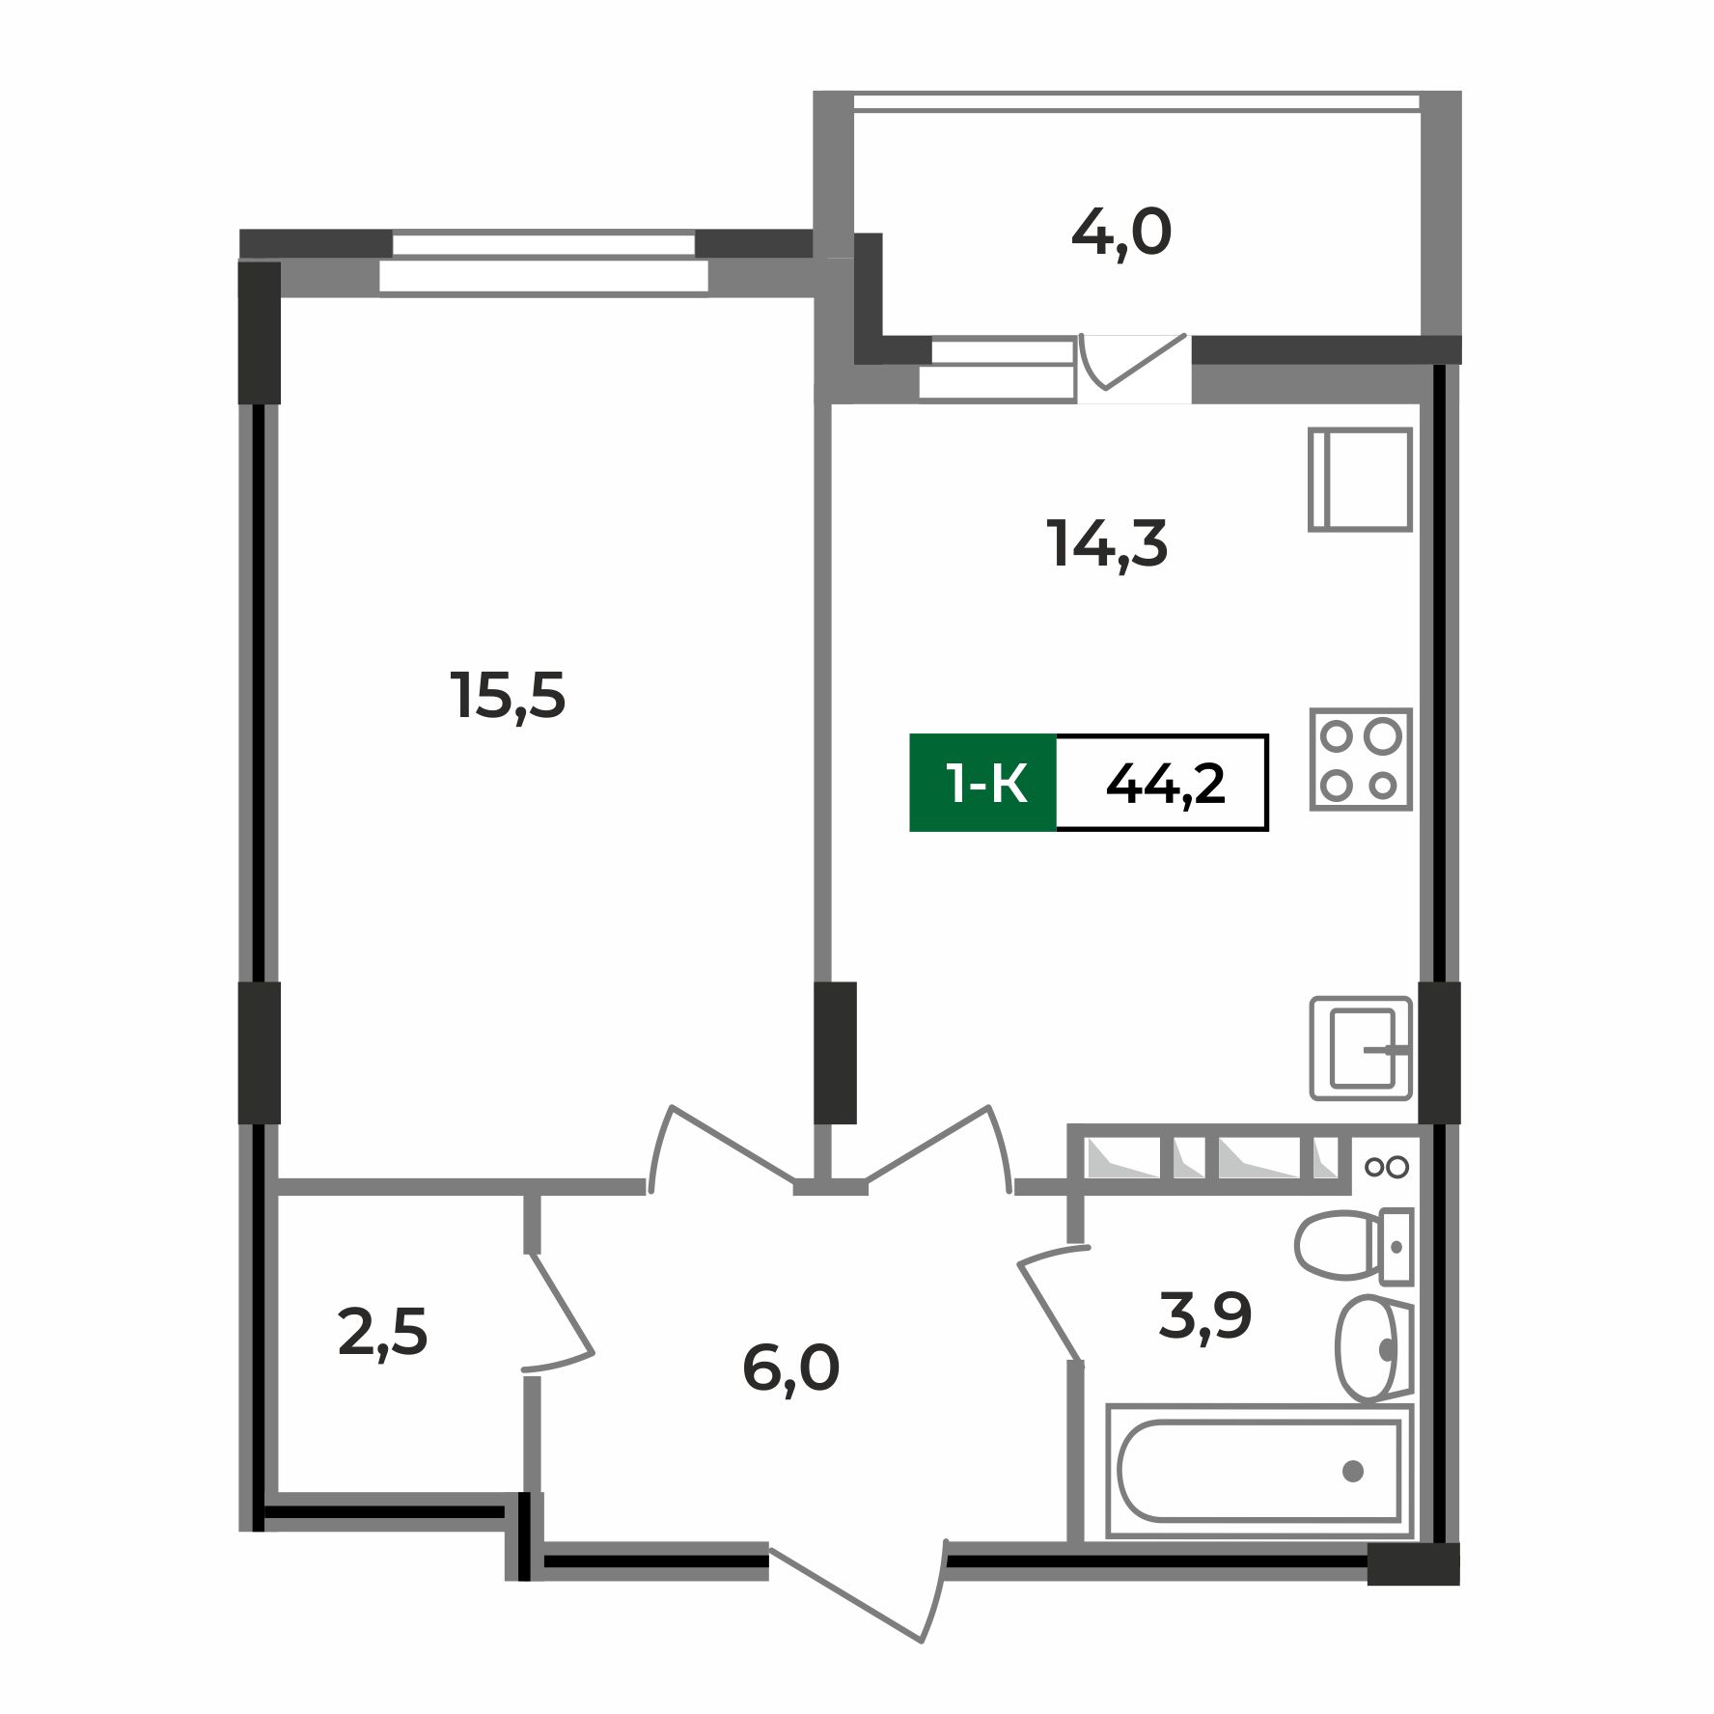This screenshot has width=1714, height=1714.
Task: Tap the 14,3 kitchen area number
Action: click(1107, 545)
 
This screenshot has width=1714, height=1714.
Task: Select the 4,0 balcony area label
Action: click(1121, 234)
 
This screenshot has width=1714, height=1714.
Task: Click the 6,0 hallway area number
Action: click(791, 1368)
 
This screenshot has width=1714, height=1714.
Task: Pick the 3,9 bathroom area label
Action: click(1205, 1314)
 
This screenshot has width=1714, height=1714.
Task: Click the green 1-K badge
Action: click(983, 783)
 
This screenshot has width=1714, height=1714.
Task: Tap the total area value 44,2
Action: click(1165, 783)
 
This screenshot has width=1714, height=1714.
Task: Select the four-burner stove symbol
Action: click(1360, 760)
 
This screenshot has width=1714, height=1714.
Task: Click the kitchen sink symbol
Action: click(1361, 1048)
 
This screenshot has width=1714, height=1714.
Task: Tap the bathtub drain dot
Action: click(1352, 1471)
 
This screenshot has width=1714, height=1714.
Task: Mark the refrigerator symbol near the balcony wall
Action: click(1360, 480)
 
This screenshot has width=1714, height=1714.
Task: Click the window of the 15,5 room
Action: click(543, 261)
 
